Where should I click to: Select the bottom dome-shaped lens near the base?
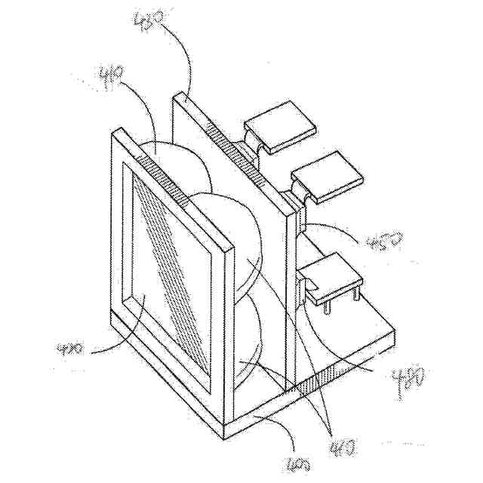(249, 340)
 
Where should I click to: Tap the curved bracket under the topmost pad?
(255, 143)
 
